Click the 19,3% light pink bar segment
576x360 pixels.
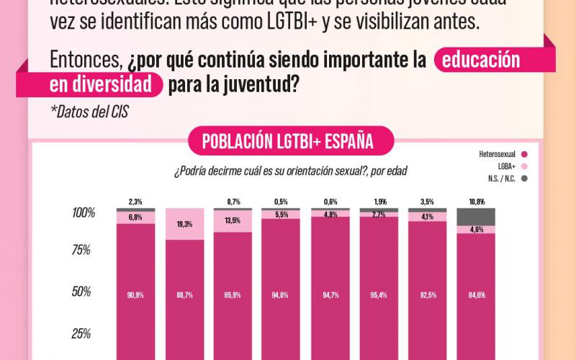[184, 224]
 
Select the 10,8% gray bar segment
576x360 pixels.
[476, 217]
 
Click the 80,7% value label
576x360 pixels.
[184, 294]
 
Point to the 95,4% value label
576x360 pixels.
[378, 294]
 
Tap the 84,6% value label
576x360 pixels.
[476, 294]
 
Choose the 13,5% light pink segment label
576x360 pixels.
[233, 221]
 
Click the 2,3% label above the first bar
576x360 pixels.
[135, 202]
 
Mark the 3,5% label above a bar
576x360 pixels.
[427, 202]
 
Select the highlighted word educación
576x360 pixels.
[481, 60]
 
